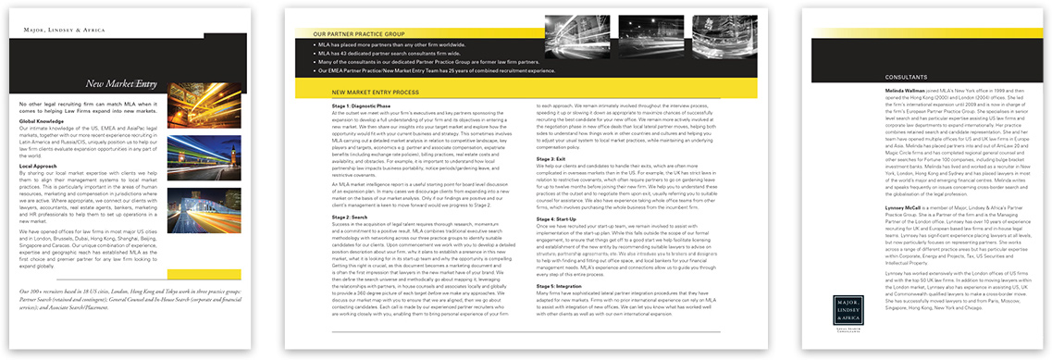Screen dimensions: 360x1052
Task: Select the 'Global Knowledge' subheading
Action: click(x=41, y=121)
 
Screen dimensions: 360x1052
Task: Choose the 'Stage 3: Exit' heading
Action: click(x=553, y=159)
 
